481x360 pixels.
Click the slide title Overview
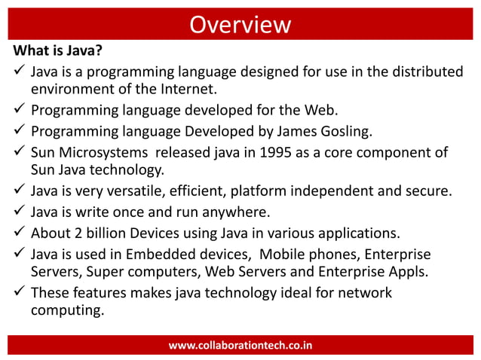240,25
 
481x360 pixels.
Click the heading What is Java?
57,53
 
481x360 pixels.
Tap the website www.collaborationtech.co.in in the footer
240,345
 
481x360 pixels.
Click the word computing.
66,310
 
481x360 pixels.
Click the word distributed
424,72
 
